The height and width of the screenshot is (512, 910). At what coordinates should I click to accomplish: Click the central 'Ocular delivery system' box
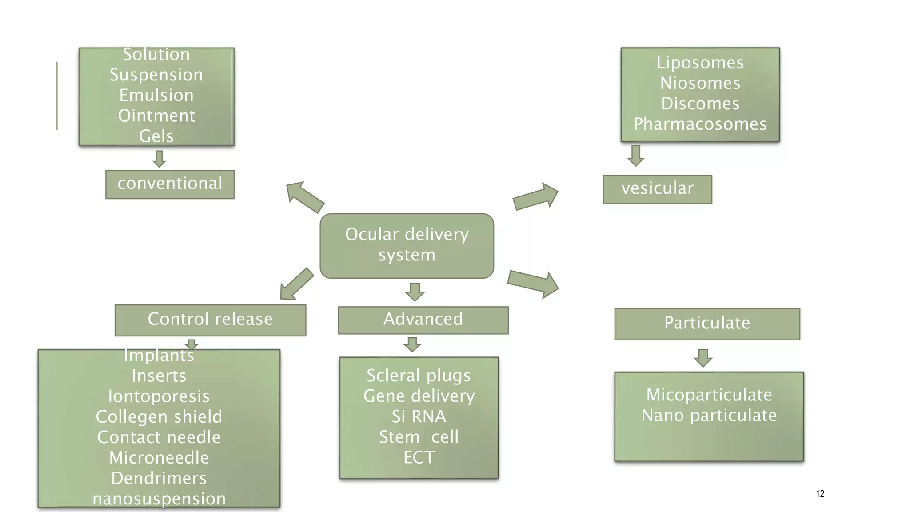coord(407,245)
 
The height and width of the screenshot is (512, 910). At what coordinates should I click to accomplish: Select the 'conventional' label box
coord(170,184)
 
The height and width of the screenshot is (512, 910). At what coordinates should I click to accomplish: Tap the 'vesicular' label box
coord(657,189)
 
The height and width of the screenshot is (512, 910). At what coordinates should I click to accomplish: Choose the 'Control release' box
coord(210,320)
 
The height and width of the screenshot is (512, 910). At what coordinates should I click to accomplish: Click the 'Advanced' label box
coord(423,320)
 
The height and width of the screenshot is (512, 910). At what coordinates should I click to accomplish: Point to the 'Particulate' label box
coord(707,324)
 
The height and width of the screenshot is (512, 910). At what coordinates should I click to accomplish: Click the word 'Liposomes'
coord(700,63)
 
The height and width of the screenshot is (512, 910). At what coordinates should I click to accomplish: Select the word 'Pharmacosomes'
coord(700,124)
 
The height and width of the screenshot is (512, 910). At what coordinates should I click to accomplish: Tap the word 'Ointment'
coord(156,116)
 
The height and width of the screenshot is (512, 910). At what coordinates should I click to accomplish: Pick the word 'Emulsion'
coord(156,95)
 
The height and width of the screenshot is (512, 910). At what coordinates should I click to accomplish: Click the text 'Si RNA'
coord(419,416)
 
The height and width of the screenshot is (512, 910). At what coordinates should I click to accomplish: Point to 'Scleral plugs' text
coord(419,376)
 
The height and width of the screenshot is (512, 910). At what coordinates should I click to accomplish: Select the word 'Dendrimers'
coord(159,478)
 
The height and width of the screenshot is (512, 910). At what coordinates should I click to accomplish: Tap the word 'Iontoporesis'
coord(159,396)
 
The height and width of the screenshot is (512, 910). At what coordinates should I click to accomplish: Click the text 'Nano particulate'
coord(709,416)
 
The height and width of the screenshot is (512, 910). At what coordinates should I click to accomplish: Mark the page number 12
coord(820,494)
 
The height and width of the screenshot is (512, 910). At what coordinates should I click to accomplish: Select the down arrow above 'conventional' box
coord(159,159)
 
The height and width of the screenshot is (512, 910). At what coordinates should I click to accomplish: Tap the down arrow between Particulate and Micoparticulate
coord(703,358)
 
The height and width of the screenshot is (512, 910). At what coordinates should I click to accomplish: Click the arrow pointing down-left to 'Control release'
coord(296,284)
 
